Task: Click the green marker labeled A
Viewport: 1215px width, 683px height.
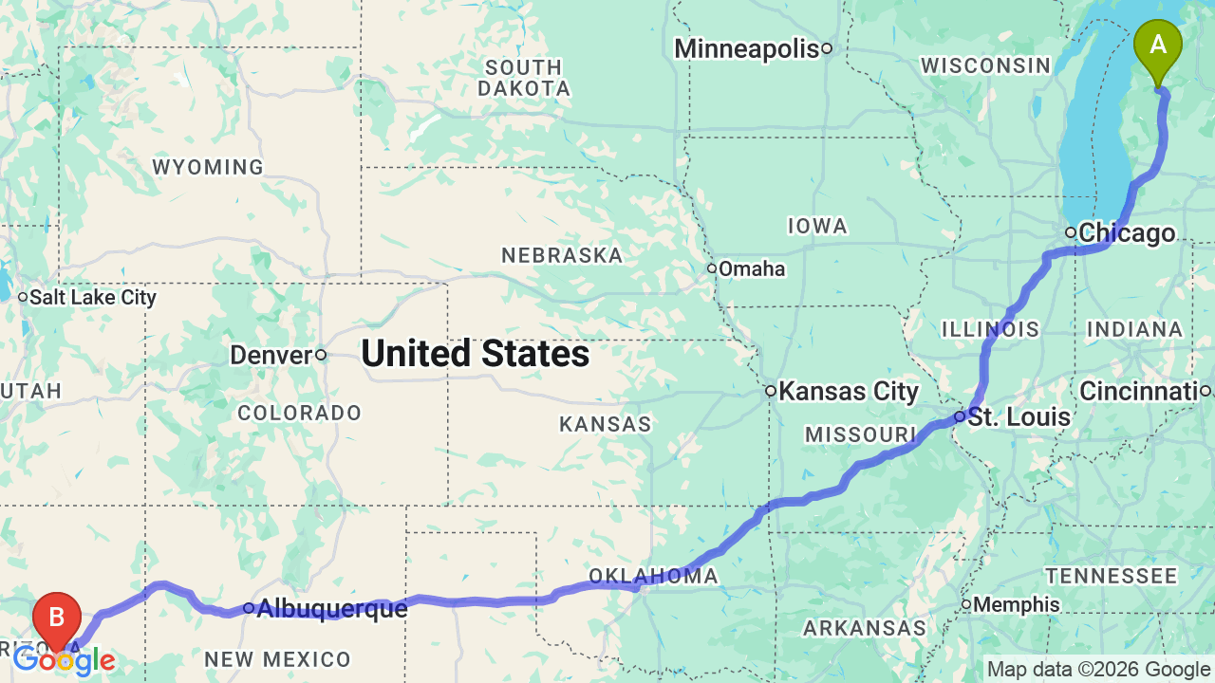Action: (x=1158, y=47)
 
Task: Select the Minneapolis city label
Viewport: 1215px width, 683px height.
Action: (x=746, y=48)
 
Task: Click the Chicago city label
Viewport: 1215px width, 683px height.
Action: (x=1127, y=233)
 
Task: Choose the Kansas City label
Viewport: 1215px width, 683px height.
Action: (x=849, y=392)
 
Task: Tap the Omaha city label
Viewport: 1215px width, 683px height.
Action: (x=752, y=269)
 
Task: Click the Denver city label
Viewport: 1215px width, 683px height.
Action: (x=271, y=356)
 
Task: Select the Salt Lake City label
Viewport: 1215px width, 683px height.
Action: (x=93, y=298)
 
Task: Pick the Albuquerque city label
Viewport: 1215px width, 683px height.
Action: (x=331, y=608)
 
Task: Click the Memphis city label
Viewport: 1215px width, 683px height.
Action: (x=1017, y=605)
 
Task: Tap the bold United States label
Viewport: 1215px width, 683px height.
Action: (x=476, y=354)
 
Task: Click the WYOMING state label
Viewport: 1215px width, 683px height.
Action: (x=208, y=168)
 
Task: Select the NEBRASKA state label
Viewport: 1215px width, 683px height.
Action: (x=562, y=255)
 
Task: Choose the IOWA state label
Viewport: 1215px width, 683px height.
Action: (x=816, y=226)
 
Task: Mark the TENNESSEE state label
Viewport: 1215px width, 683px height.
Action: (x=1112, y=576)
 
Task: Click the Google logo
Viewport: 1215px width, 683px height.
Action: (x=64, y=660)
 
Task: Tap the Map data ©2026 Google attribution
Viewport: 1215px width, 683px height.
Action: (x=1098, y=670)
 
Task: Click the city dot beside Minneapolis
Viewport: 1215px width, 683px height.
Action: (x=827, y=48)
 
